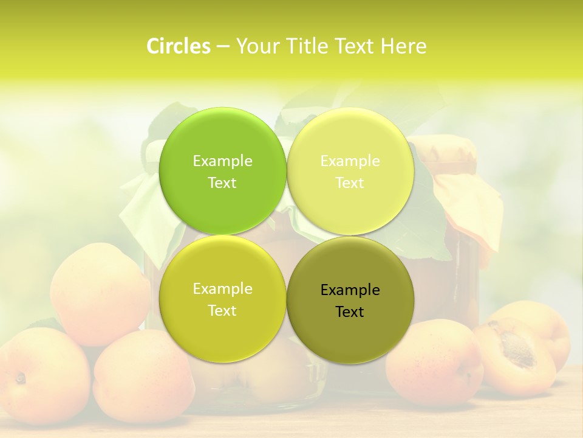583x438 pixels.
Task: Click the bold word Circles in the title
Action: (179, 46)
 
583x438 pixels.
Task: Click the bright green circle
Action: (222, 140)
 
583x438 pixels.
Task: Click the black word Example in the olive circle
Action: (350, 290)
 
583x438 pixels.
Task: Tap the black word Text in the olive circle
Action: (350, 312)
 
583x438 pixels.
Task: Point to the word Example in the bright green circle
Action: (222, 161)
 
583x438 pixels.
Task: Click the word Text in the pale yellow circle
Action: (350, 183)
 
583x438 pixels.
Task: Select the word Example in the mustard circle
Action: (222, 289)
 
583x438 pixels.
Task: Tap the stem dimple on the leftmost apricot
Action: (21, 378)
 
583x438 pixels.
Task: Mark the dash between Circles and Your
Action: (223, 47)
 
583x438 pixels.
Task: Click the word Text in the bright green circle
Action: (222, 183)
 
